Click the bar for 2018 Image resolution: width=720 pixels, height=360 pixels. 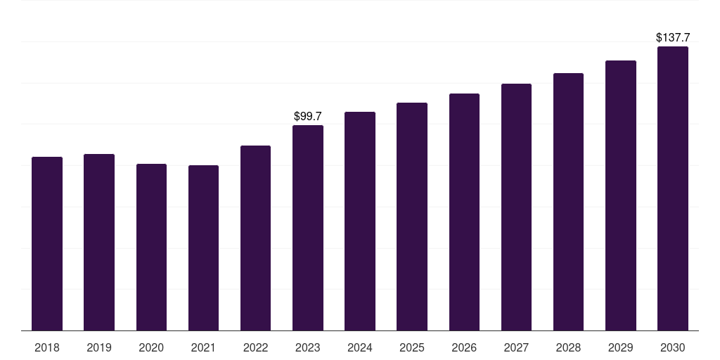click(47, 243)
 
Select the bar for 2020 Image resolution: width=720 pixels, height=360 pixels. click(151, 247)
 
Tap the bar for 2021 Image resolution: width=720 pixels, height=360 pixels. click(203, 247)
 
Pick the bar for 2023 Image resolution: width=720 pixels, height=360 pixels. click(308, 228)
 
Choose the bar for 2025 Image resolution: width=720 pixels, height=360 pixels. click(412, 217)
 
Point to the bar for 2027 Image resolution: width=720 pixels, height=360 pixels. click(516, 207)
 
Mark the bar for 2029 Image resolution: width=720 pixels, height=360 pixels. click(621, 195)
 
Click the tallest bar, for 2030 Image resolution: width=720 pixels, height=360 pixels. click(673, 188)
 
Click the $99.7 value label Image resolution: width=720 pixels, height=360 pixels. click(308, 115)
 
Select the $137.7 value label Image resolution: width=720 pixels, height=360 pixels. click(673, 37)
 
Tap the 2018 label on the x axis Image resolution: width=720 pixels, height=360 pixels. click(47, 347)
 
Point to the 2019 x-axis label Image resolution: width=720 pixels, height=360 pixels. click(99, 347)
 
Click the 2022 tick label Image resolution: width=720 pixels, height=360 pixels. click(255, 347)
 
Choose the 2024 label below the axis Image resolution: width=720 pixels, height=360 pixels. click(360, 347)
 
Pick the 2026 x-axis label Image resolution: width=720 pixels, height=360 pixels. click(464, 347)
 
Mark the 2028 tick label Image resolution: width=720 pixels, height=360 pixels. click(568, 347)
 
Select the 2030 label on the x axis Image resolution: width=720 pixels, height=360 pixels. click(673, 347)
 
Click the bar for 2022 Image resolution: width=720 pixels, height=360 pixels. click(255, 238)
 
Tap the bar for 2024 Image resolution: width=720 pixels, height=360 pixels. click(360, 221)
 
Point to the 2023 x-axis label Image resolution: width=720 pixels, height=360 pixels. click(308, 347)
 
